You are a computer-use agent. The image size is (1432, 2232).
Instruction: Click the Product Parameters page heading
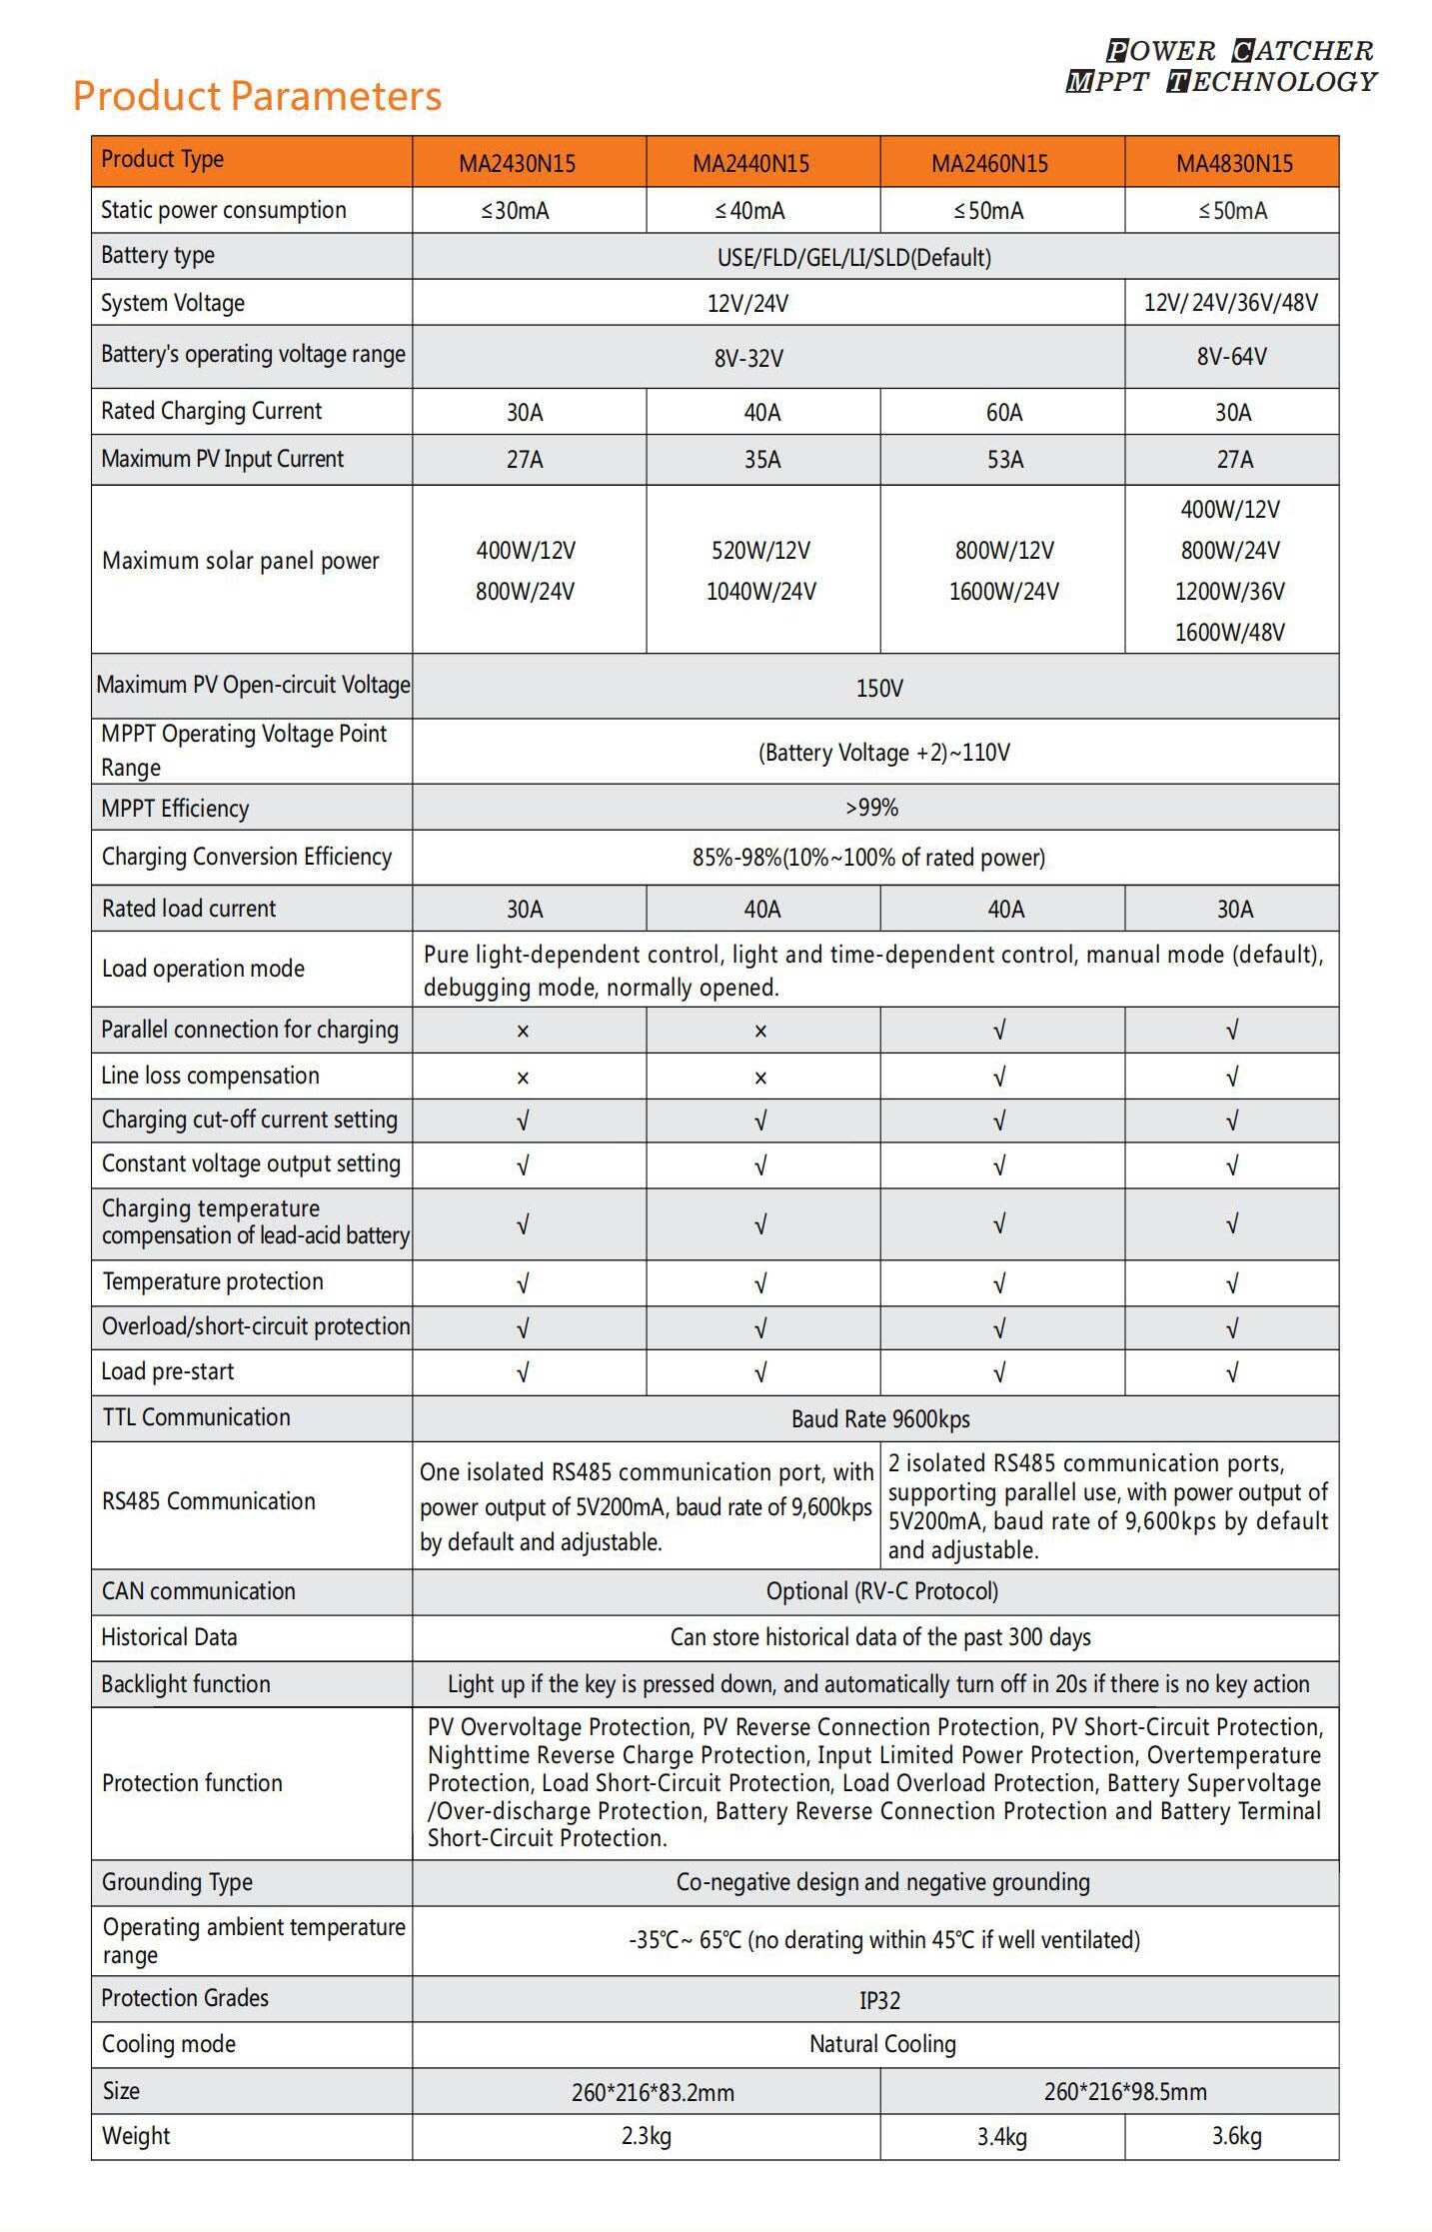click(257, 96)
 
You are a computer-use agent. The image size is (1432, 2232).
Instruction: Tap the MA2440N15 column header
click(750, 163)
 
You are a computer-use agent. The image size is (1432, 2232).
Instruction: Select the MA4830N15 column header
click(1234, 163)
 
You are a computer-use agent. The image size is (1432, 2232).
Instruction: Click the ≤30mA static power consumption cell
click(516, 211)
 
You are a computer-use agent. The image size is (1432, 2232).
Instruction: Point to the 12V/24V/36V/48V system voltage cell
click(1230, 303)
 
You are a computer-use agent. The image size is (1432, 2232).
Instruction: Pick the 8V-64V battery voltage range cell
click(1231, 357)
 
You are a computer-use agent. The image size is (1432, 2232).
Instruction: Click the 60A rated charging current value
click(1004, 413)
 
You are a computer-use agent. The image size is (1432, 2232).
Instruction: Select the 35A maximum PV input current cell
click(761, 460)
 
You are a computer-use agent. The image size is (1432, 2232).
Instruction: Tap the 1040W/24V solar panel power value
click(760, 592)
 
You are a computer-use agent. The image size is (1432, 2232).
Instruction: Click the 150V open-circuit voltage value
click(879, 688)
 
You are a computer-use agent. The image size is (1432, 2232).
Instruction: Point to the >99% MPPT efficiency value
click(871, 808)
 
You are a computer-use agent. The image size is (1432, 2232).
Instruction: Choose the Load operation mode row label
click(203, 969)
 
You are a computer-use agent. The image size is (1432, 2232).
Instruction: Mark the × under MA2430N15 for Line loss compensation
click(523, 1078)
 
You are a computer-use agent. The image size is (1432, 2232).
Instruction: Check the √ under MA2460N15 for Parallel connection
click(999, 1031)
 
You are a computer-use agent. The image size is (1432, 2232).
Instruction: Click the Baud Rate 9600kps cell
click(879, 1419)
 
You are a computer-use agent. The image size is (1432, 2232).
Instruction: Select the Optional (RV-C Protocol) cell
click(881, 1591)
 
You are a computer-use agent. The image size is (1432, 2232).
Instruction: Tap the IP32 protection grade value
click(879, 2000)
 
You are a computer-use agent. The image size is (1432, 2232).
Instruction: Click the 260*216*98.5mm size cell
click(1124, 2091)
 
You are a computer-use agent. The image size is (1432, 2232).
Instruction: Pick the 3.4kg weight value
click(1001, 2137)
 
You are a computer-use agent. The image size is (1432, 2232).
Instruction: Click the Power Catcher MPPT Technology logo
click(1222, 66)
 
